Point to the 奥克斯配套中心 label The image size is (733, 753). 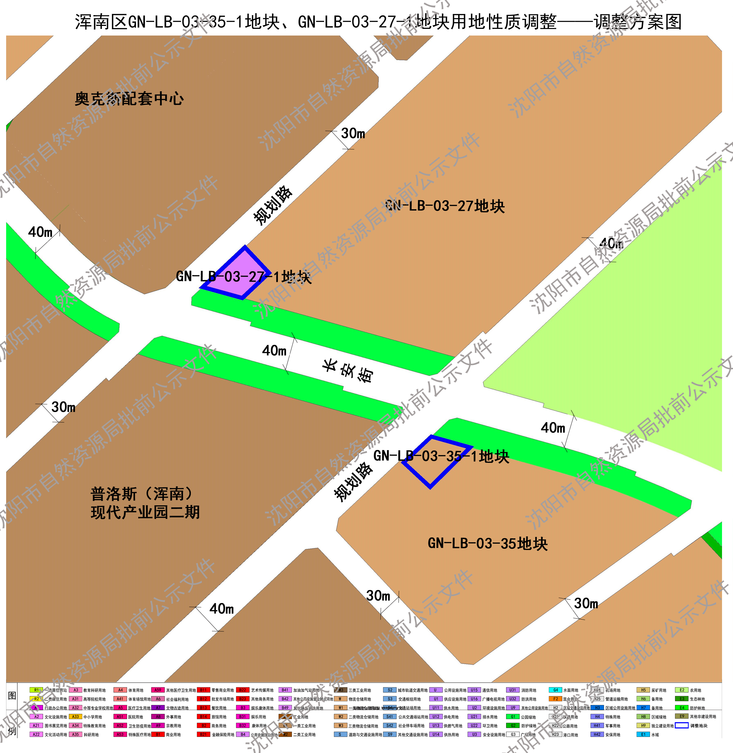coord(129,99)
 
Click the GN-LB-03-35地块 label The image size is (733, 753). coord(487,543)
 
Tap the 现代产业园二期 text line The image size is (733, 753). coord(145,512)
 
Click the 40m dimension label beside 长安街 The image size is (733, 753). coord(274,350)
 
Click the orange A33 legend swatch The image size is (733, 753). coord(75,716)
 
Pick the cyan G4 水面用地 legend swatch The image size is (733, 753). coord(555,690)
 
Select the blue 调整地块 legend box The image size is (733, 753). coord(681,725)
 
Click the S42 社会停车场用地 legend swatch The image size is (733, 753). coord(390,725)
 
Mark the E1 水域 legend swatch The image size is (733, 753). coord(643,734)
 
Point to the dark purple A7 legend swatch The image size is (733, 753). coord(158,708)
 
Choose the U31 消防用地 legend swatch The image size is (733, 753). coord(513,690)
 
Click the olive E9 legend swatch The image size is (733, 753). coord(681,716)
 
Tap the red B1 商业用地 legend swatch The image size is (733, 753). coord(158,734)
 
